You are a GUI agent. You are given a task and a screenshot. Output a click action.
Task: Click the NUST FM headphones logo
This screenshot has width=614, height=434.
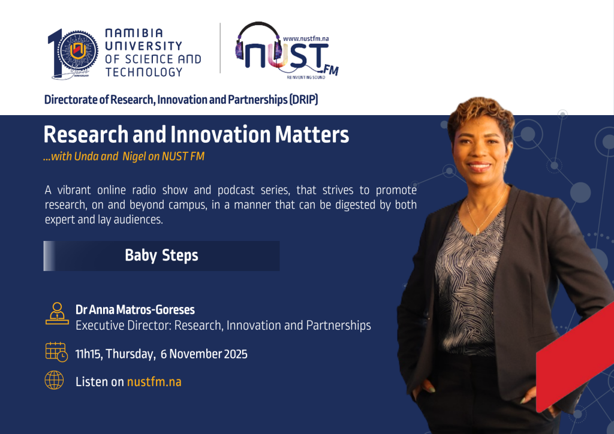pyautogui.click(x=287, y=50)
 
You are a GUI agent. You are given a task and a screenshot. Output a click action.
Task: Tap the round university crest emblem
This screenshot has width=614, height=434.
pyautogui.click(x=78, y=50)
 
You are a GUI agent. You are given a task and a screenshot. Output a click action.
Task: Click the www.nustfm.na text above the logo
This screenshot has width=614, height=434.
pyautogui.click(x=306, y=38)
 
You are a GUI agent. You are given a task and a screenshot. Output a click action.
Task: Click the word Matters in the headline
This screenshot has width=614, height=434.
pyautogui.click(x=312, y=135)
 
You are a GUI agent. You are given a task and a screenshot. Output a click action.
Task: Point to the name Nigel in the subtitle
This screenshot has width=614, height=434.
pyautogui.click(x=134, y=156)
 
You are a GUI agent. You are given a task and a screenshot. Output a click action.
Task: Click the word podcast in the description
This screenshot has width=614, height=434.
pyautogui.click(x=236, y=190)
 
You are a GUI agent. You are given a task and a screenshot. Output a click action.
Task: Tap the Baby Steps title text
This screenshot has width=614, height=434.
pyautogui.click(x=161, y=255)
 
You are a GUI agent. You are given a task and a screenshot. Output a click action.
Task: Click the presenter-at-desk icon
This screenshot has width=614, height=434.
pyautogui.click(x=57, y=313)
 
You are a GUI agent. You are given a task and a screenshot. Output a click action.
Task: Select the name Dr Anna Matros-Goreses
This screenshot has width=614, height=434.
pyautogui.click(x=135, y=309)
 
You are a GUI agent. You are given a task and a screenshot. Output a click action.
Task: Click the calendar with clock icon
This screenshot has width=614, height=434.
pyautogui.click(x=56, y=352)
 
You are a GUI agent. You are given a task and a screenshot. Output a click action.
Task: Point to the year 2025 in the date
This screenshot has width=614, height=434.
pyautogui.click(x=236, y=354)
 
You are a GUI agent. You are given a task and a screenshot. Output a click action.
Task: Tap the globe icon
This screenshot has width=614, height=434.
pyautogui.click(x=54, y=380)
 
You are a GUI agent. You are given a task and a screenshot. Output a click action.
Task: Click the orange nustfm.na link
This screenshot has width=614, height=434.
pyautogui.click(x=154, y=382)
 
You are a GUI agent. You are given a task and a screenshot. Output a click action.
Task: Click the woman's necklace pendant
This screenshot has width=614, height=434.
pyautogui.click(x=478, y=231)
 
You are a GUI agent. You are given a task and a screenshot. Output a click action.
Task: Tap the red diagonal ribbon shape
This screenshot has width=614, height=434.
pyautogui.click(x=575, y=356)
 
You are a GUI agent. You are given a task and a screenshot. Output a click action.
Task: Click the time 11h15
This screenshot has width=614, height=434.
pyautogui.click(x=89, y=354)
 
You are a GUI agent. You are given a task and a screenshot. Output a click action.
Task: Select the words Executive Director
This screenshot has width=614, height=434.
pyautogui.click(x=124, y=325)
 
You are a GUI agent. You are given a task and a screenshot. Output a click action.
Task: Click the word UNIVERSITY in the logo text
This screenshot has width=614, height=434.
pyautogui.click(x=143, y=46)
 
